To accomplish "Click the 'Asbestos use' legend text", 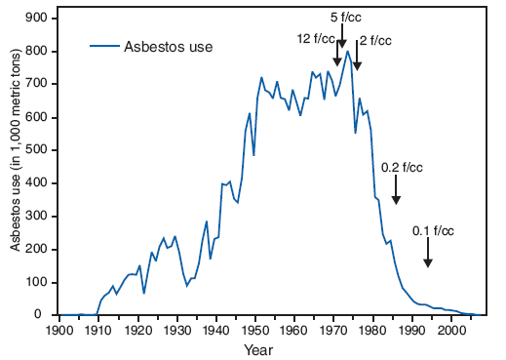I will click(168, 46).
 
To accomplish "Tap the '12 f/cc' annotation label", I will click(316, 38).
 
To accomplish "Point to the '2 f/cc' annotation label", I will click(376, 40).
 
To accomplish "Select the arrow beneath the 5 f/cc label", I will click(342, 37).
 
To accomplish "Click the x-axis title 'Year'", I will click(258, 349).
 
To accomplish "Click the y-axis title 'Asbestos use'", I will click(17, 167).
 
